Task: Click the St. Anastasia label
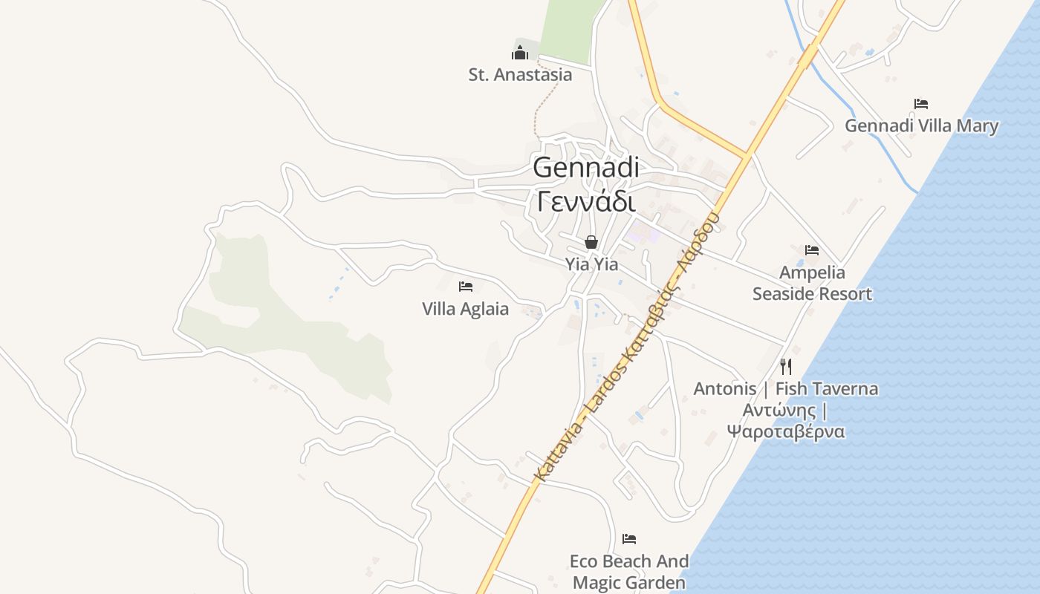[520, 74]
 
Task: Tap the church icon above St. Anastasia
[520, 52]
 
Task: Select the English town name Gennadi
[586, 167]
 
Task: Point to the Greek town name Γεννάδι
[586, 200]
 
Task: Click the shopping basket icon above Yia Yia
[591, 242]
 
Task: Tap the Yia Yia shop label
[591, 264]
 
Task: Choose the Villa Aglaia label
[465, 309]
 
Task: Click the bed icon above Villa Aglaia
[466, 287]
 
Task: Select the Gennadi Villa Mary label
[921, 125]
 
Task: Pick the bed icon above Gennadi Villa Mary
[921, 104]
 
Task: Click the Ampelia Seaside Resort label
[812, 284]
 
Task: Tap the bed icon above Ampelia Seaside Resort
[812, 250]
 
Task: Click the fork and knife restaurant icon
[786, 366]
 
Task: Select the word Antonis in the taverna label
[725, 388]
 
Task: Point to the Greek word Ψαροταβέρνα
[786, 431]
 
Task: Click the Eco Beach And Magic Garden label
[629, 572]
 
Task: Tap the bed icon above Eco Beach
[629, 538]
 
